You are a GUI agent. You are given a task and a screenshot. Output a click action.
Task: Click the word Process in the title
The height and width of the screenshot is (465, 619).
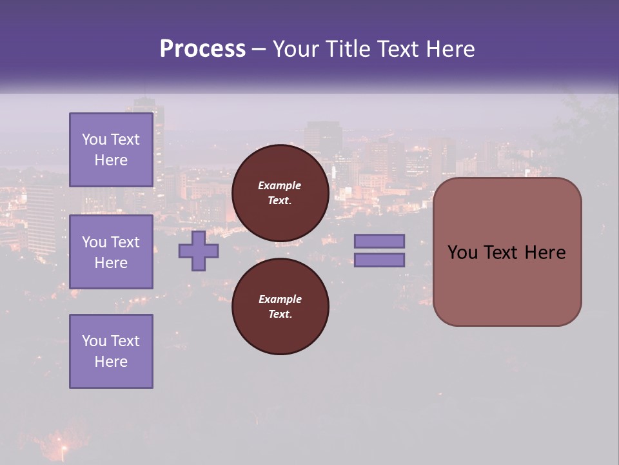(202, 49)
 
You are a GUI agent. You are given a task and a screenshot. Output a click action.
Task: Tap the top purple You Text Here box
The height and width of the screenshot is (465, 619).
(111, 150)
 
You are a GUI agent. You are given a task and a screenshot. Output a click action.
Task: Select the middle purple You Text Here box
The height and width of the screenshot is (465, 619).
(111, 252)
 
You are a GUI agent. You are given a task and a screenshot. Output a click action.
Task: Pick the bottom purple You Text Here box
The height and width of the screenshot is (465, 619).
(111, 351)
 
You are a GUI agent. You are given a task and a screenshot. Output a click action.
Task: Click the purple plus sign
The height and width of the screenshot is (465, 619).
(199, 251)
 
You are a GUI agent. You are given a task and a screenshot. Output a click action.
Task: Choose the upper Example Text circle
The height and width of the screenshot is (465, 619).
(280, 193)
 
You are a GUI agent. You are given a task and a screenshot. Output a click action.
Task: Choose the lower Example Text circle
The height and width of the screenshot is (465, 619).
(280, 306)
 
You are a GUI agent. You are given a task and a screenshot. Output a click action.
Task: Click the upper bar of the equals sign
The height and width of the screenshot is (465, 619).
(379, 241)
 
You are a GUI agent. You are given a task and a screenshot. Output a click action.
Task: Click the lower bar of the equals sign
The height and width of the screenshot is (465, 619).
(379, 260)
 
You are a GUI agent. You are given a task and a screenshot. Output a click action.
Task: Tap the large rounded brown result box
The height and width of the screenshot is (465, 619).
(507, 251)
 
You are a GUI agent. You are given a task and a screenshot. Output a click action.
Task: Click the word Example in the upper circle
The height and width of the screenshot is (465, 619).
(279, 185)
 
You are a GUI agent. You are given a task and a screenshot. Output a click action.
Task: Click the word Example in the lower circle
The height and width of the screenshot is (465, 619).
(279, 299)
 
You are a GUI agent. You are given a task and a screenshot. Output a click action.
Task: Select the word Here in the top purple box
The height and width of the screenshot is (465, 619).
(111, 160)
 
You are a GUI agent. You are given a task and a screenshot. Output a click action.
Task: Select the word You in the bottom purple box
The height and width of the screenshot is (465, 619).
(93, 341)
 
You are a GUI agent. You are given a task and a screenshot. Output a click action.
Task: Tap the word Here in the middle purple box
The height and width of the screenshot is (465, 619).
(111, 263)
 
